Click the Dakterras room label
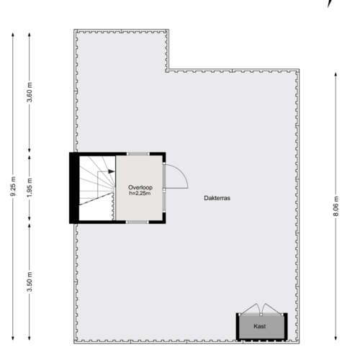217,198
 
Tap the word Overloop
140,187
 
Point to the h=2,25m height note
140,193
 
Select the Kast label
260,326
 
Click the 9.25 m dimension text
13,186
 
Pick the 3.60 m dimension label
30,92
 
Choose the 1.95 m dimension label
30,188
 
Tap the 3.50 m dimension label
30,282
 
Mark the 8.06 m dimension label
336,206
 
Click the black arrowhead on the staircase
112,171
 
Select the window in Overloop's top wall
138,154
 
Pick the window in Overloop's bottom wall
138,222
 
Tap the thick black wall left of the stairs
74,188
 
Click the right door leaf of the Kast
272,309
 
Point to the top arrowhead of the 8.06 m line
336,74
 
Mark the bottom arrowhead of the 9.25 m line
13,338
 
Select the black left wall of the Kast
238,326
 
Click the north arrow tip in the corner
328,7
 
